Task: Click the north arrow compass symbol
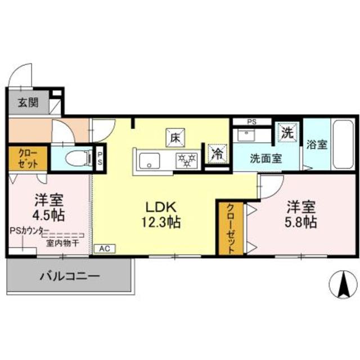(342, 286)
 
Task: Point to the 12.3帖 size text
(161, 222)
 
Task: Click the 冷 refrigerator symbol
(217, 154)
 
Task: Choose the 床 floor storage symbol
(175, 137)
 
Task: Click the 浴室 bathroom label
(317, 144)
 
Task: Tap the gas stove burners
(187, 159)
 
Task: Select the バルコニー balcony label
(70, 276)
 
